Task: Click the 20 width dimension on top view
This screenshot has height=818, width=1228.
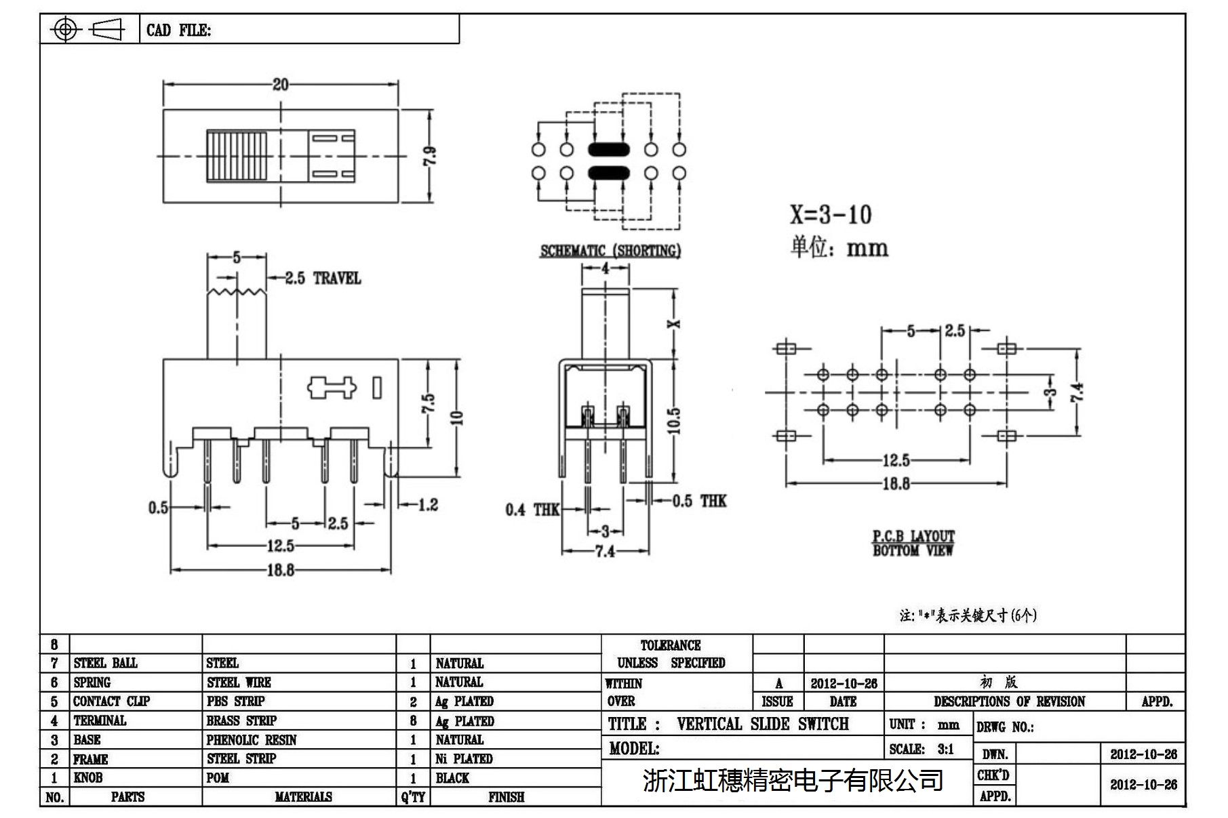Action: (x=280, y=84)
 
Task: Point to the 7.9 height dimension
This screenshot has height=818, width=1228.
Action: (x=429, y=156)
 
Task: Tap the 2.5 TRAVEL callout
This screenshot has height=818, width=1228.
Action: (x=322, y=278)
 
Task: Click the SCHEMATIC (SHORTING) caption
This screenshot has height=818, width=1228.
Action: (x=610, y=251)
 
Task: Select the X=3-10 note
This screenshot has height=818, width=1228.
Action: (x=830, y=215)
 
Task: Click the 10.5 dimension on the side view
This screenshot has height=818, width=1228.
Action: (x=673, y=420)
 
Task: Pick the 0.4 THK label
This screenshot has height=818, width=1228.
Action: (x=532, y=510)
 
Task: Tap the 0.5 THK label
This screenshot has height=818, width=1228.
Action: (x=699, y=502)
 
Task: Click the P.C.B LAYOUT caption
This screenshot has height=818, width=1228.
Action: (x=913, y=536)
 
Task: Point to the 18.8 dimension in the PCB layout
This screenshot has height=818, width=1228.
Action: (x=896, y=483)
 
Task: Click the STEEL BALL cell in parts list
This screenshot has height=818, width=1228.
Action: (x=105, y=663)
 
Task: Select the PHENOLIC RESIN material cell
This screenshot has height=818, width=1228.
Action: (x=252, y=740)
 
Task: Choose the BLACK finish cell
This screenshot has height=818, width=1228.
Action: (x=452, y=778)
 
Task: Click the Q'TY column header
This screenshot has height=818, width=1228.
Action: (x=412, y=797)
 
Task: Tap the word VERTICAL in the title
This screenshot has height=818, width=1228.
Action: (x=709, y=724)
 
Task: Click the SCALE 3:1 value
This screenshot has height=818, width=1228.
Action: (x=945, y=749)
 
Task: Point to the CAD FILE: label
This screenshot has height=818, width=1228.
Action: (x=178, y=30)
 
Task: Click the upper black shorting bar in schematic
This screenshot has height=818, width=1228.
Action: (x=609, y=150)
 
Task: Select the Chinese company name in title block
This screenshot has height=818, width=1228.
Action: (x=793, y=780)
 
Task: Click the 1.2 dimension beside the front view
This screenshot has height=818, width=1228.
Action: (x=428, y=504)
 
